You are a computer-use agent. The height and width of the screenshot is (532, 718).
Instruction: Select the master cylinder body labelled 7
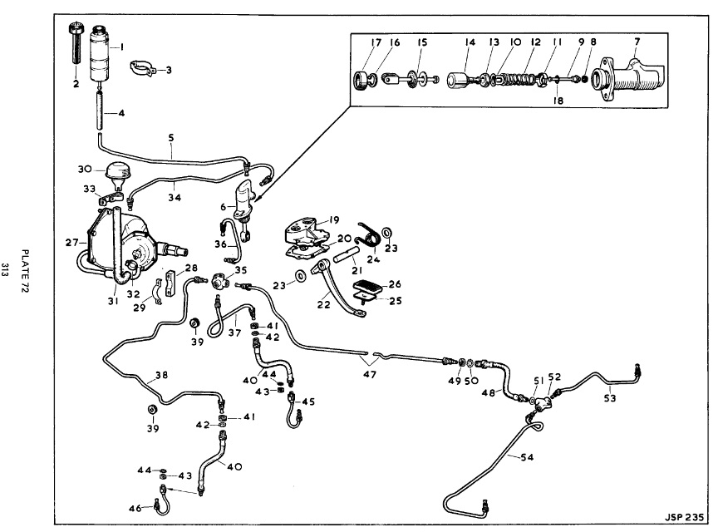(x=632, y=83)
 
